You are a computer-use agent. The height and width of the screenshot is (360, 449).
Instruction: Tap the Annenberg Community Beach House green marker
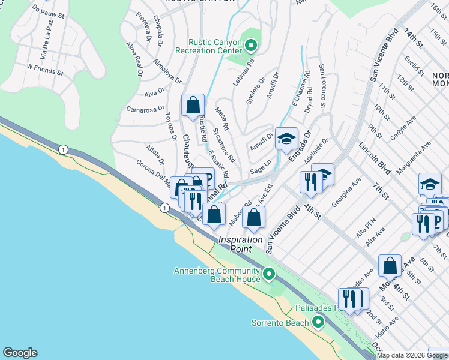pos(269,275)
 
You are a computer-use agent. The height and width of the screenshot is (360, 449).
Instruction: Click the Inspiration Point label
pos(240,239)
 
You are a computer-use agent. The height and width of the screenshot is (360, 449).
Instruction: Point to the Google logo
pos(20,353)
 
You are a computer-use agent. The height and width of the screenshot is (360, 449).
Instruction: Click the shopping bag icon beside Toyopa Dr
pos(193,106)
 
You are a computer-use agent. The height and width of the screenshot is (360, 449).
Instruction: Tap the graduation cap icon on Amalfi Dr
pos(286,139)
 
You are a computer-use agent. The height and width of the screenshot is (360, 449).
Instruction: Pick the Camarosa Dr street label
pos(145,109)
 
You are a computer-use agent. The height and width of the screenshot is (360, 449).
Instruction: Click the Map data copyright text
pos(411,355)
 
